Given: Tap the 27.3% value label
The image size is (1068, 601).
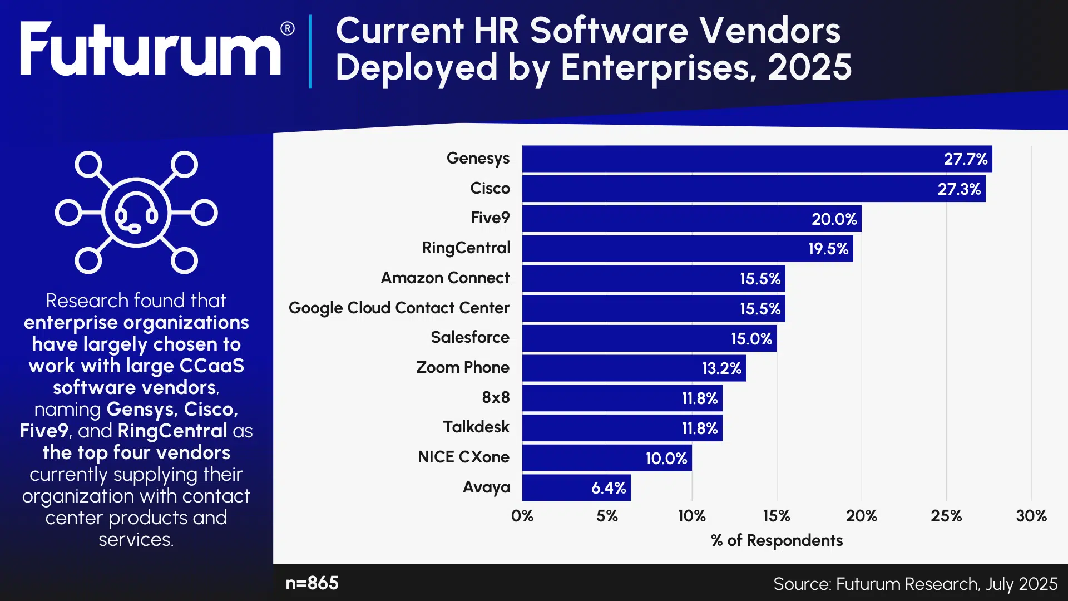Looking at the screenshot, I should point(959,189).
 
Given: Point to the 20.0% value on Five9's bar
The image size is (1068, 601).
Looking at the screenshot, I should point(834,219).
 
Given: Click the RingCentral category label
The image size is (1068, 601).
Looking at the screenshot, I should point(466,248).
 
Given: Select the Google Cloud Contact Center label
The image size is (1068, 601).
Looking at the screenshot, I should point(399,308).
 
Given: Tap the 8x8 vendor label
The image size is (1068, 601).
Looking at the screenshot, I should point(496,397).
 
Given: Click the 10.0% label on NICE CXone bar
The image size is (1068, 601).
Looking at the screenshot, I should point(666,459).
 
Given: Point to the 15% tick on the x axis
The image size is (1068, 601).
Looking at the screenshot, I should point(777,516).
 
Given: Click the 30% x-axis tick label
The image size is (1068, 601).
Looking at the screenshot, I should point(1031,516).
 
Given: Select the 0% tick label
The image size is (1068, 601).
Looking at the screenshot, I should point(522,516).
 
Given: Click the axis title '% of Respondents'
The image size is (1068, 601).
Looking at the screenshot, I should point(777,540).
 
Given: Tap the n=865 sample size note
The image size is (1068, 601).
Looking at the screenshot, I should point(312,583).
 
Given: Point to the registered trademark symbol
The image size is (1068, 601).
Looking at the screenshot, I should point(288,28).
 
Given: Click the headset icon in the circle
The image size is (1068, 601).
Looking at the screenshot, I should point(136,213).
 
